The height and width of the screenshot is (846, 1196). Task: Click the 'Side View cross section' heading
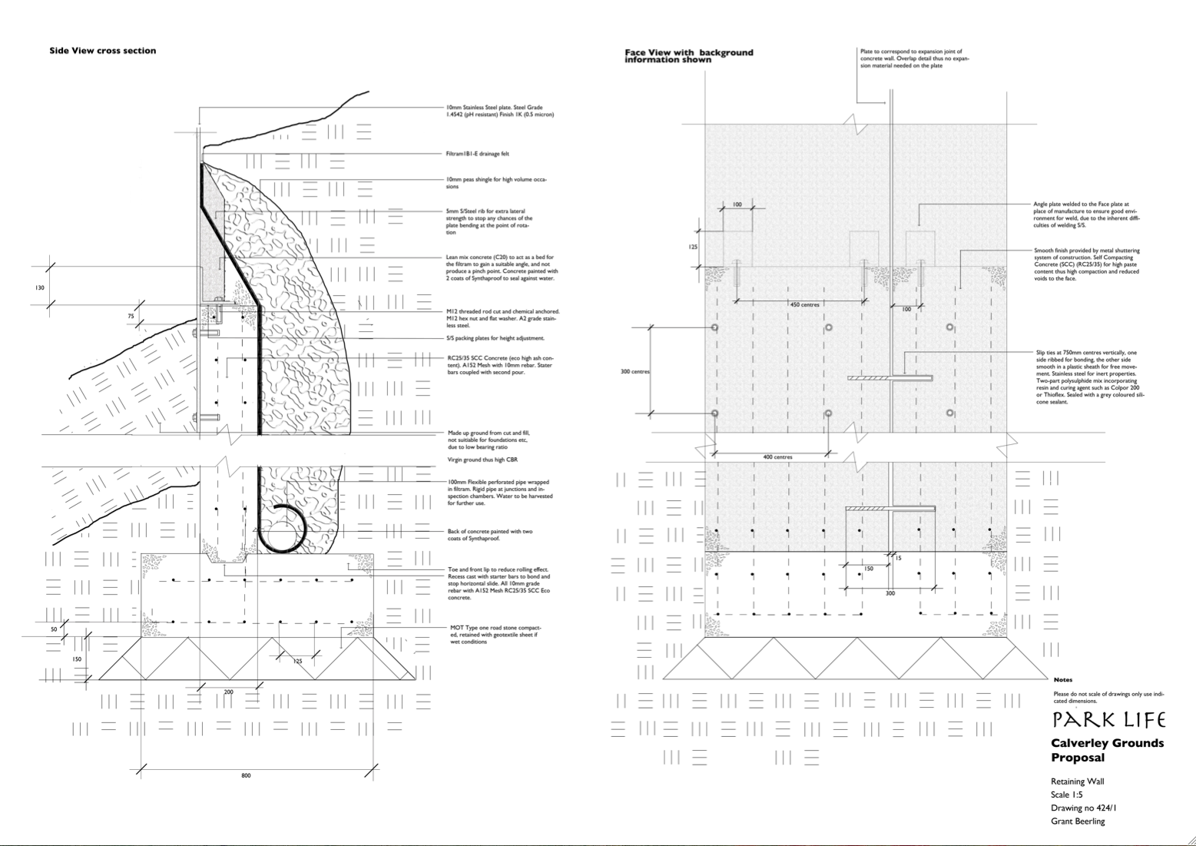tap(102, 51)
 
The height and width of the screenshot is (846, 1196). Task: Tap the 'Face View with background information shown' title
tap(688, 56)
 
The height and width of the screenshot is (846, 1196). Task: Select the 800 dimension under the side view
tap(246, 775)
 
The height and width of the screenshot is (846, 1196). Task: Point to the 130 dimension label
tap(40, 287)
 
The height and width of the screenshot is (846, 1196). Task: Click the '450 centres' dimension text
tap(804, 305)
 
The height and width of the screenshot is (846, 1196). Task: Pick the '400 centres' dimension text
tap(777, 457)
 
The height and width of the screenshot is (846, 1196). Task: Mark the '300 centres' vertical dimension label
tap(634, 372)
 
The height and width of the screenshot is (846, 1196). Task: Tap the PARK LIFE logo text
tap(1108, 720)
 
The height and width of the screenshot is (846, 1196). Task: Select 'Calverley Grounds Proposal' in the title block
tap(1107, 750)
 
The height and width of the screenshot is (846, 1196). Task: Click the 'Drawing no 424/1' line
tap(1083, 808)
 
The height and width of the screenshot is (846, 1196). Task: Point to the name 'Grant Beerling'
tap(1078, 821)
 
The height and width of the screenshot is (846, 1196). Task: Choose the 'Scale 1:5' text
tap(1067, 795)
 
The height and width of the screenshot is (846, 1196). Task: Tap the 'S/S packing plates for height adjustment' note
tap(495, 338)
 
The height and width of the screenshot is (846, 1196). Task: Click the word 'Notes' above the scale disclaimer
tap(1063, 680)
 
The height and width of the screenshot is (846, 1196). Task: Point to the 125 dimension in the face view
tap(693, 247)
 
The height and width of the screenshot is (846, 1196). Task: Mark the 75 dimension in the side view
tap(131, 316)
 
